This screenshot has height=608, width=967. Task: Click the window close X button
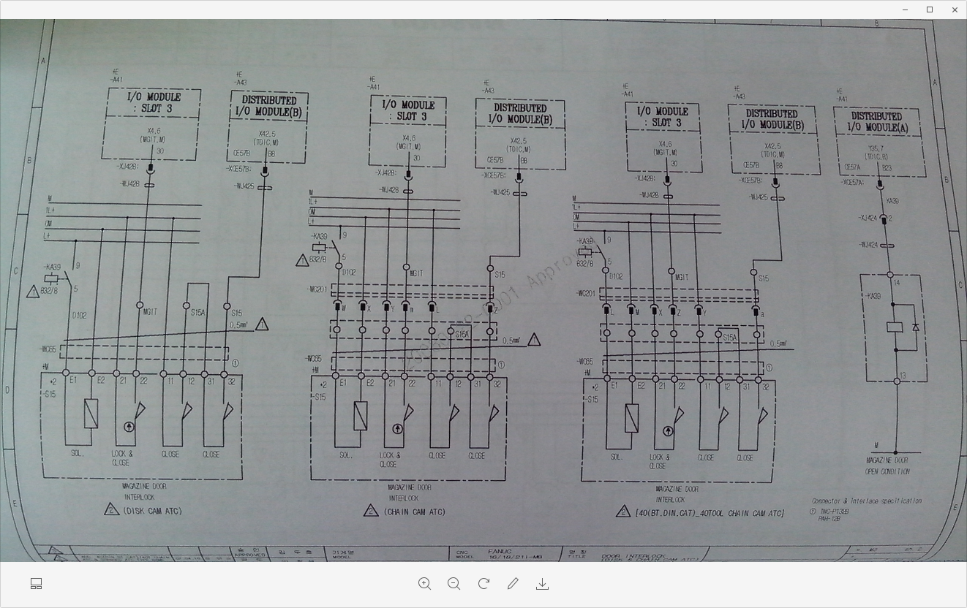tap(954, 9)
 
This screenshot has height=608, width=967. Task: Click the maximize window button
tap(930, 9)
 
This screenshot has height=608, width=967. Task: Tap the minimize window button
tap(905, 9)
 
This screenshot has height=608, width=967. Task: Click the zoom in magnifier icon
tap(424, 583)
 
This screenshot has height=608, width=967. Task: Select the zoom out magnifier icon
tap(454, 583)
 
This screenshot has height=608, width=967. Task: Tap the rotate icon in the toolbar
tap(483, 583)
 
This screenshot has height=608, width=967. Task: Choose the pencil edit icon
tap(513, 583)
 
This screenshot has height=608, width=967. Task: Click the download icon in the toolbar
tap(542, 583)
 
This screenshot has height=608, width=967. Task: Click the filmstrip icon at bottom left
tap(36, 583)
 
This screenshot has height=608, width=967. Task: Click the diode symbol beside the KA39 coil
tap(915, 327)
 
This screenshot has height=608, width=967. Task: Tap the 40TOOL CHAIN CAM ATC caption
tap(709, 513)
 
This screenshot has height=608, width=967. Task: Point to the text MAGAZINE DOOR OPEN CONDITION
tap(887, 466)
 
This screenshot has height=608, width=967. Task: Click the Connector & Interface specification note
tap(866, 501)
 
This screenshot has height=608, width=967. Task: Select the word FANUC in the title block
tap(500, 552)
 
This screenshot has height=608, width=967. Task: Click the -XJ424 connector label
tap(868, 218)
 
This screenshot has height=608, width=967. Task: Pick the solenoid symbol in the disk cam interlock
tap(91, 413)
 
